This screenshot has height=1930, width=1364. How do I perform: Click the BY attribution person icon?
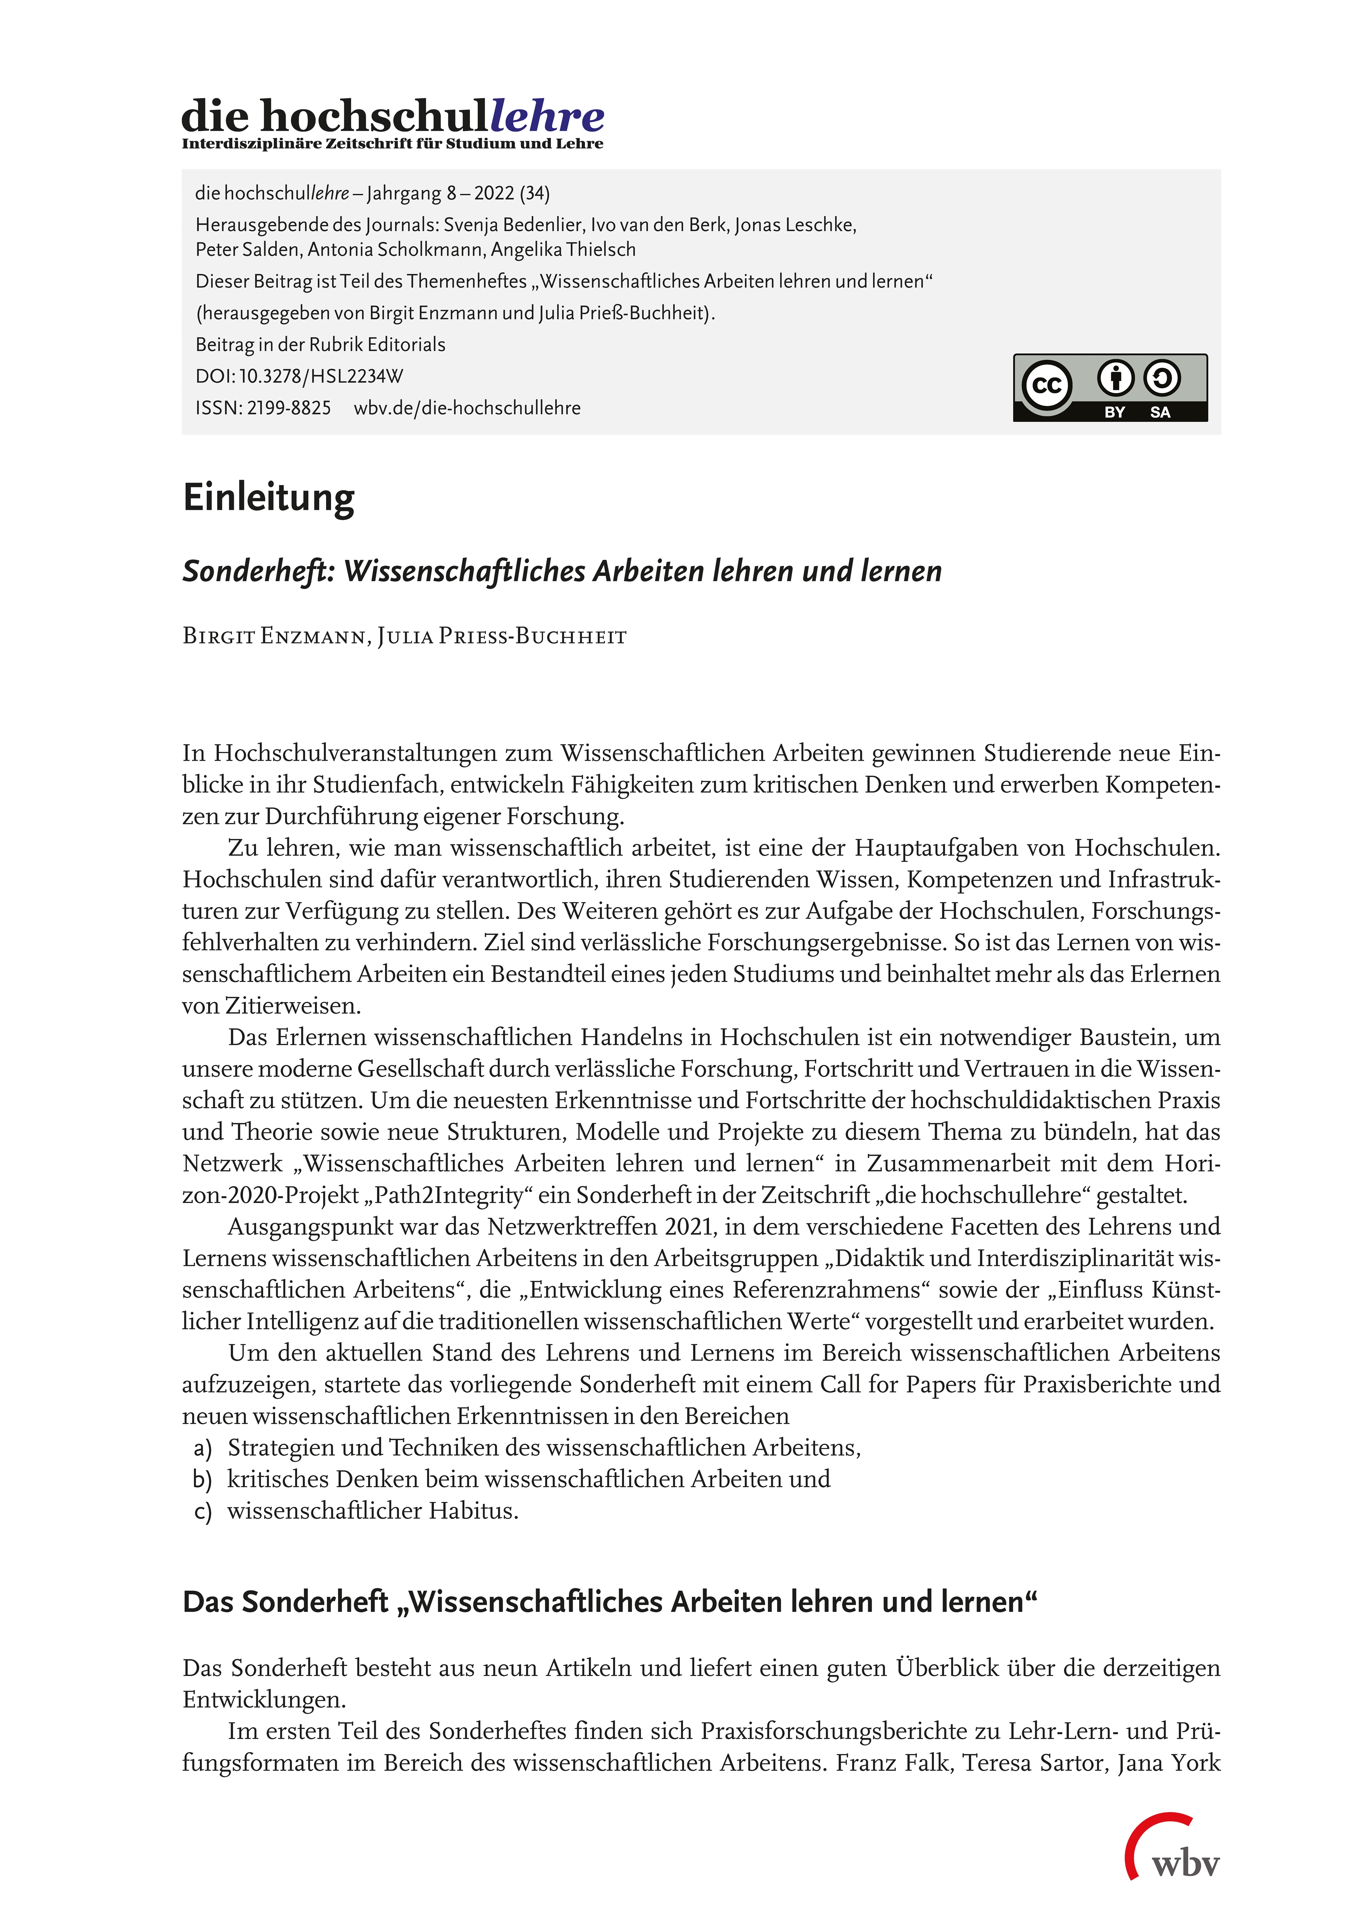pos(1115,378)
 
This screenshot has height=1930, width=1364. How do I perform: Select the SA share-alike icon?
pos(1161,378)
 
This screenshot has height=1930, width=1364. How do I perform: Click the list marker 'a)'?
pos(203,1448)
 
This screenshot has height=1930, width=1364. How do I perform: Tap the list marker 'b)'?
pos(203,1480)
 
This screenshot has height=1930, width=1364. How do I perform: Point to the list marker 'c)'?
pos(203,1512)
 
